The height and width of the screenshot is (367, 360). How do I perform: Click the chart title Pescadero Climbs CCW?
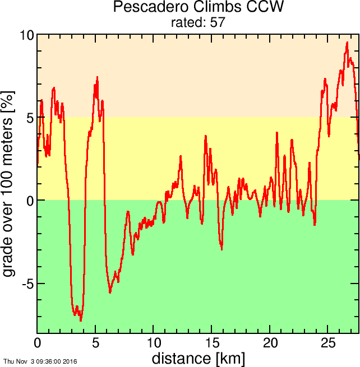coord(198,8)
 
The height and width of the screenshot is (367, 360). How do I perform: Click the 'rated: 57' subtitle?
coord(198,22)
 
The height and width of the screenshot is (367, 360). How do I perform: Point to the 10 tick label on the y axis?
coord(26,35)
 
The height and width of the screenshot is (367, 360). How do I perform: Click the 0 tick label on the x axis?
coord(38,343)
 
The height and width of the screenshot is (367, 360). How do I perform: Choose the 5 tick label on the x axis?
coord(95,343)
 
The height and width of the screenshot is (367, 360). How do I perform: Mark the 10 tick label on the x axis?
coord(154,343)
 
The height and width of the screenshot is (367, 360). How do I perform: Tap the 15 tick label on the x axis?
coord(212,343)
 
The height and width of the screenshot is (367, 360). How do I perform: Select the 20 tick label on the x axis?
coord(270,343)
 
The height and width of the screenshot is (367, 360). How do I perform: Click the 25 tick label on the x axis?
coord(329,343)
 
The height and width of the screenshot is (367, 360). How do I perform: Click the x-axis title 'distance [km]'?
coord(198,358)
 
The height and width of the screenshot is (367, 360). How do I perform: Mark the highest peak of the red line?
coord(348,43)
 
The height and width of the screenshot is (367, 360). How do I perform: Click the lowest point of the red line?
coord(81,320)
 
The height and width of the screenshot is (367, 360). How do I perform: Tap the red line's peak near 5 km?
coord(97,77)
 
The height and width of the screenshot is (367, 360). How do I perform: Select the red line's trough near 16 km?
coord(221,249)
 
